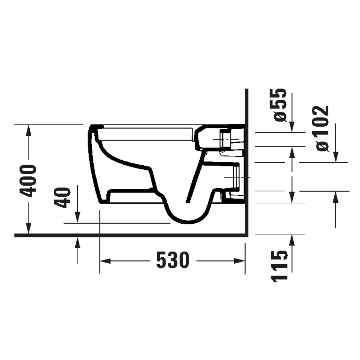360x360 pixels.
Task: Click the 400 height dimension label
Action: (28, 181)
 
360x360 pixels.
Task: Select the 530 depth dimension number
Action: (173, 260)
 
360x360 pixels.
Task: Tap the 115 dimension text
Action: (280, 266)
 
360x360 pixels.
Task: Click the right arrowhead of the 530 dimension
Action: (239, 261)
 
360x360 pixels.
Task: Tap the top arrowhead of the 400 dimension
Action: (28, 130)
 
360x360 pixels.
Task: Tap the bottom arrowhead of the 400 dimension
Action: (28, 228)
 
